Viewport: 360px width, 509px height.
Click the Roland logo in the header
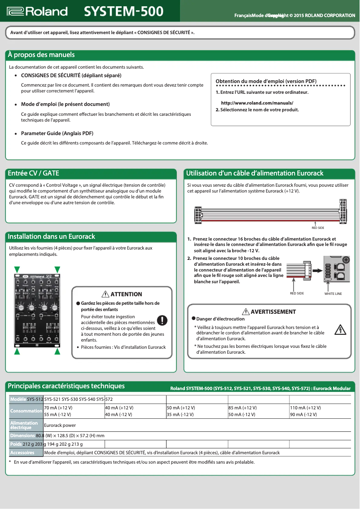coord(38,11)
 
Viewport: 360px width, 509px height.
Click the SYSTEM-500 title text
coord(124,11)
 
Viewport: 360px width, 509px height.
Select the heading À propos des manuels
coord(41,55)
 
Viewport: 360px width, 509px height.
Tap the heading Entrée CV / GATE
coord(34,173)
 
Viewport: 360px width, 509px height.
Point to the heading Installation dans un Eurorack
coord(52,237)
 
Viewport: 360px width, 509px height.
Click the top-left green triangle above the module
coord(17,269)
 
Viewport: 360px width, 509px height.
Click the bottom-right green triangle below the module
coord(57,352)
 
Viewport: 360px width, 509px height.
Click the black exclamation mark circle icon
coord(162,320)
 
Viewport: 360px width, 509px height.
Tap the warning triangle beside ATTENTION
coord(105,294)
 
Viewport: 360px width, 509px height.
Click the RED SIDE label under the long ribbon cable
coord(318,228)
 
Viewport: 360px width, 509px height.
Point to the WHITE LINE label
coord(333,294)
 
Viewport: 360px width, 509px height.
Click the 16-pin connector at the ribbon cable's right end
coord(342,211)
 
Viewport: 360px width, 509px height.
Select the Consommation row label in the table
coord(26,411)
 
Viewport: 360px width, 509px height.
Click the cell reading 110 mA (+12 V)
coord(305,408)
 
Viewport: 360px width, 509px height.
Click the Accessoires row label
coord(22,452)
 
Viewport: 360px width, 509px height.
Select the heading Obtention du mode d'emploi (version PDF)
coord(266,81)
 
